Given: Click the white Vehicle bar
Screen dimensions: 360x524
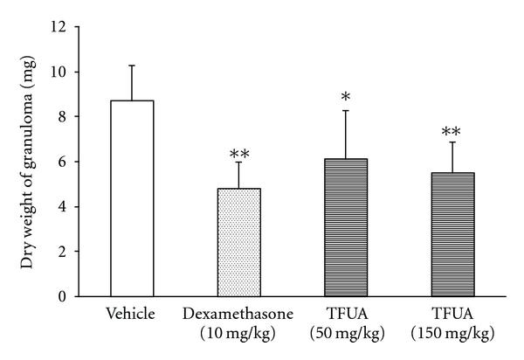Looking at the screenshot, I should pyautogui.click(x=132, y=198).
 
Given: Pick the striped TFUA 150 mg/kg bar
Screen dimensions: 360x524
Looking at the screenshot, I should pyautogui.click(x=451, y=234).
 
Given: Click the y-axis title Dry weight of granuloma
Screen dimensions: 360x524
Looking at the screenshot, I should pyautogui.click(x=27, y=162).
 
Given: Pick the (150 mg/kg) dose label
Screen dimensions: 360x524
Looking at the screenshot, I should pyautogui.click(x=451, y=333).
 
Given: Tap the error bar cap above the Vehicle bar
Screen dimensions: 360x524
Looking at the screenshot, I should pyautogui.click(x=132, y=66).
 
